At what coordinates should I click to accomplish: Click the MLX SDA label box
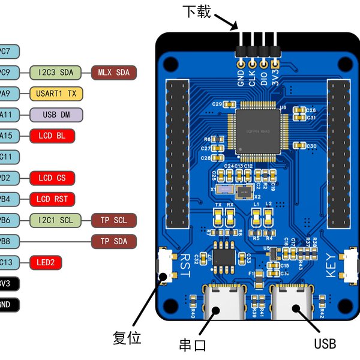click(x=113, y=73)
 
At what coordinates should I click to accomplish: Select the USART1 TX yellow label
click(x=56, y=94)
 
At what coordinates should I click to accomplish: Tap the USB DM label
click(x=56, y=115)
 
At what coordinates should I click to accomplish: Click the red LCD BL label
click(x=52, y=136)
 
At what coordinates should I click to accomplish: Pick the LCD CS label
click(x=52, y=178)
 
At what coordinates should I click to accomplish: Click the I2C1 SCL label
click(x=56, y=220)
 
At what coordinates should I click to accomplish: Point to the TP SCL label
click(x=113, y=220)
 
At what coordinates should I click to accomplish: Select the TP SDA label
click(x=113, y=241)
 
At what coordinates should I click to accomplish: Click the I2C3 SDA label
click(x=56, y=73)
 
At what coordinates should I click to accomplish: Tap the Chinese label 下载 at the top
click(x=196, y=11)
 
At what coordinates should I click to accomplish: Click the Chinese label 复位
click(x=127, y=338)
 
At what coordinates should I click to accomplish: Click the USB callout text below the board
click(x=325, y=344)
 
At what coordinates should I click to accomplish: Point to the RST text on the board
click(x=184, y=265)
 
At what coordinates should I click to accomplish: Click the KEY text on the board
click(x=331, y=265)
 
